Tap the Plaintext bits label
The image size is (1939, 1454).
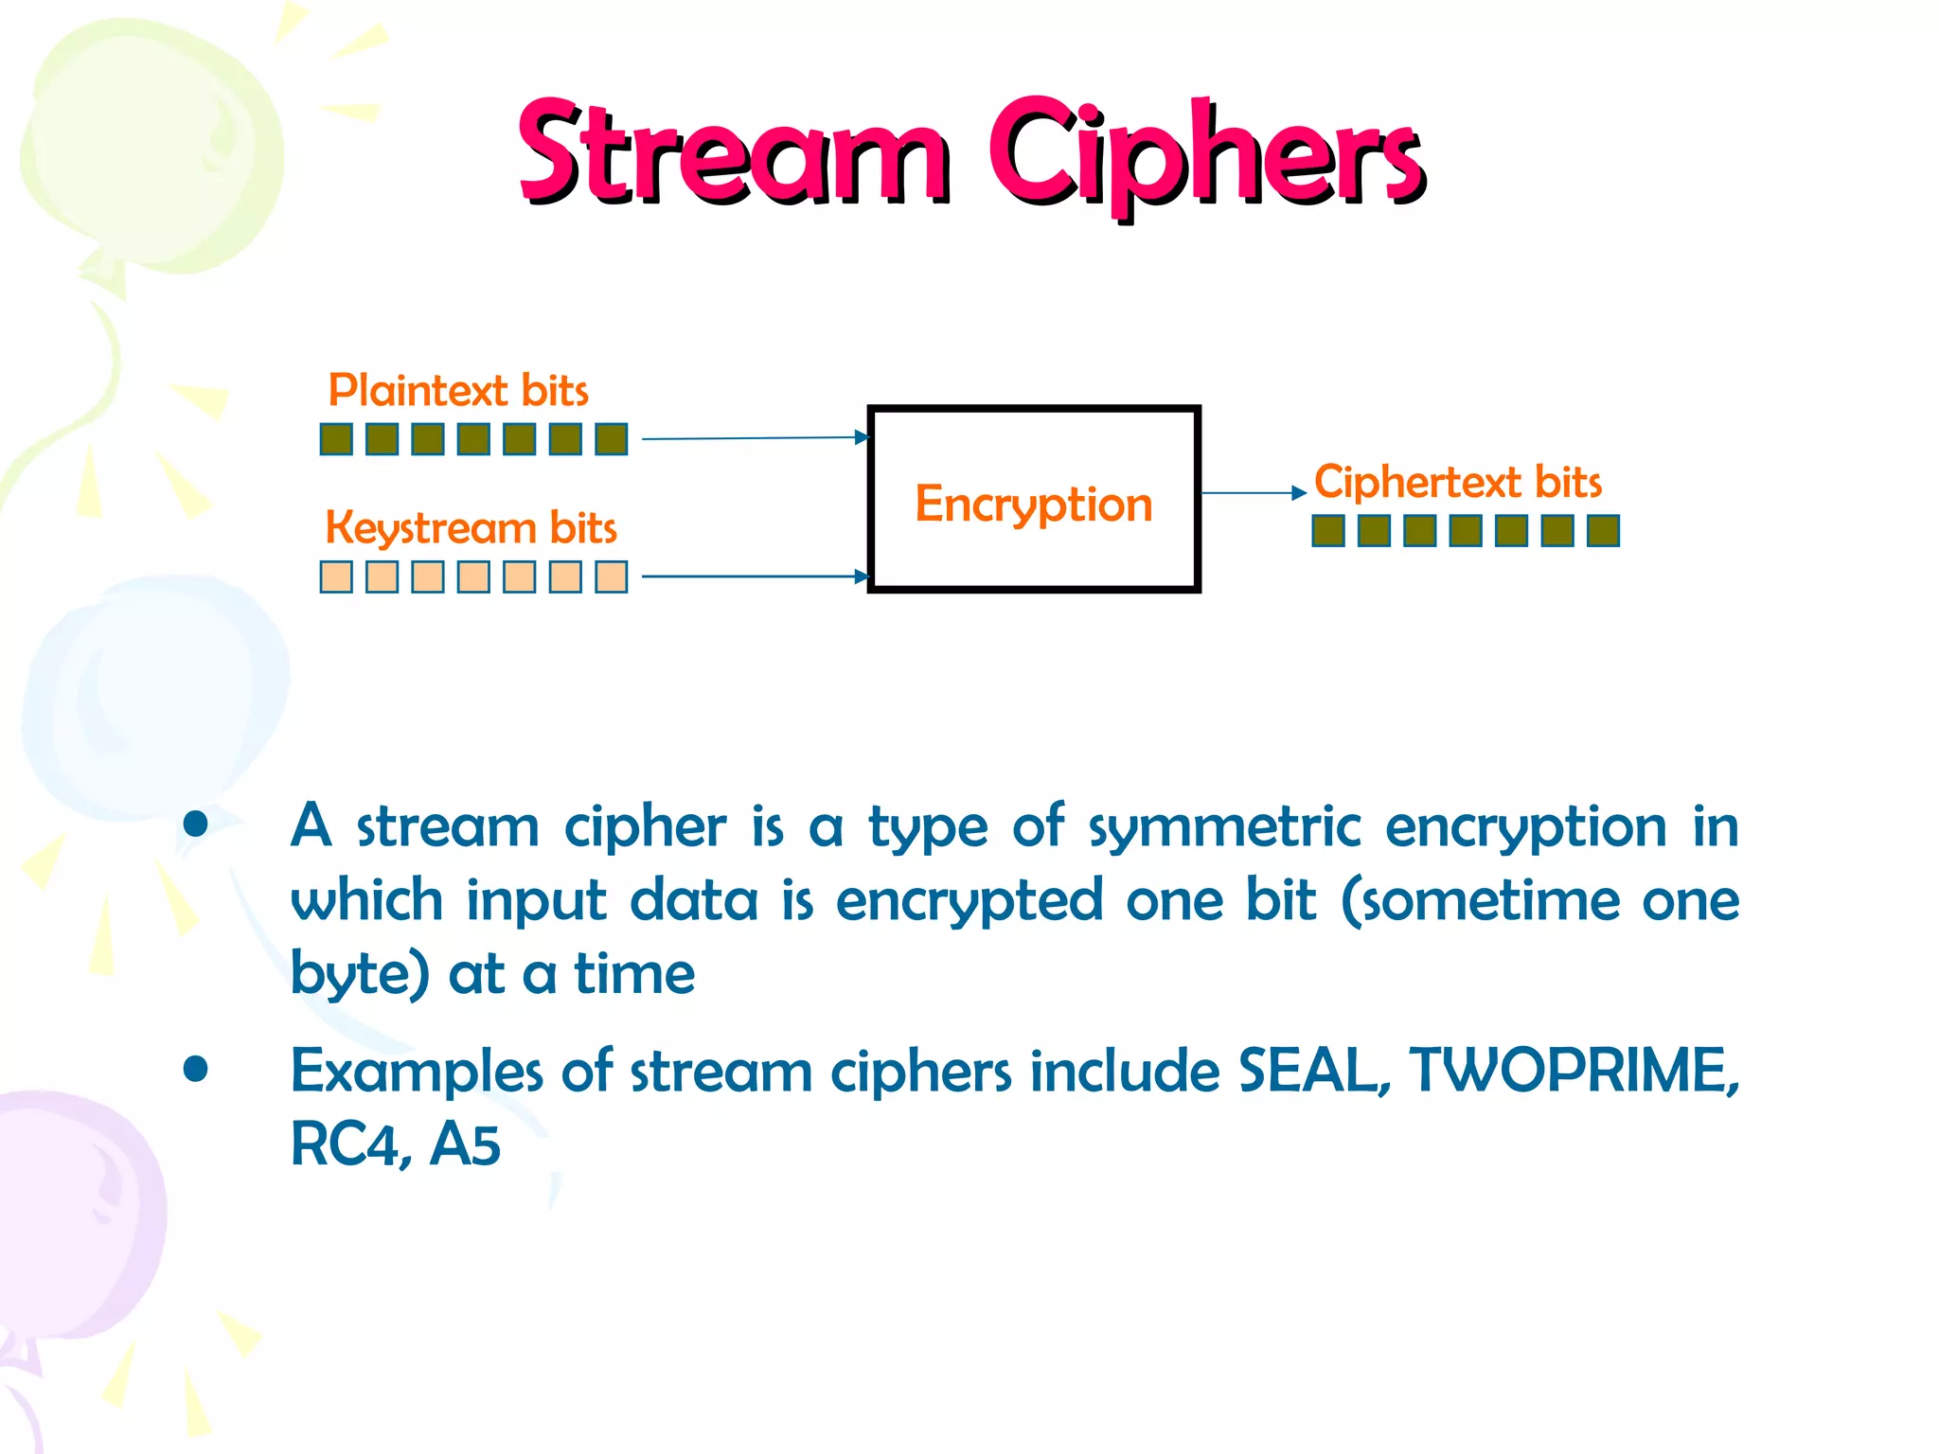click(457, 390)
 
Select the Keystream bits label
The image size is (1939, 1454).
click(471, 527)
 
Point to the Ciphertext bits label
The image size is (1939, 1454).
click(1457, 482)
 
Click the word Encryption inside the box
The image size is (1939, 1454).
click(1033, 504)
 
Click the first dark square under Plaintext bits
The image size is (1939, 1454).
click(336, 439)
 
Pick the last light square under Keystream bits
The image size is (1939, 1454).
click(612, 576)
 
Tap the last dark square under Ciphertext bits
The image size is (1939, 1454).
click(1603, 531)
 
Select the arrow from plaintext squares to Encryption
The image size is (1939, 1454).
click(753, 438)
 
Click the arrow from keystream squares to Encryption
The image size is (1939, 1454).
click(753, 576)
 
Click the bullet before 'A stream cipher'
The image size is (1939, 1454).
click(196, 825)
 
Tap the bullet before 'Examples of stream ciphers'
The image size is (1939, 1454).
click(196, 1070)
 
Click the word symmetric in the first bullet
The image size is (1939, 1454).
click(1224, 827)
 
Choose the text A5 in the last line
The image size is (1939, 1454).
click(464, 1144)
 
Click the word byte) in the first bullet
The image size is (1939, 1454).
click(359, 974)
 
